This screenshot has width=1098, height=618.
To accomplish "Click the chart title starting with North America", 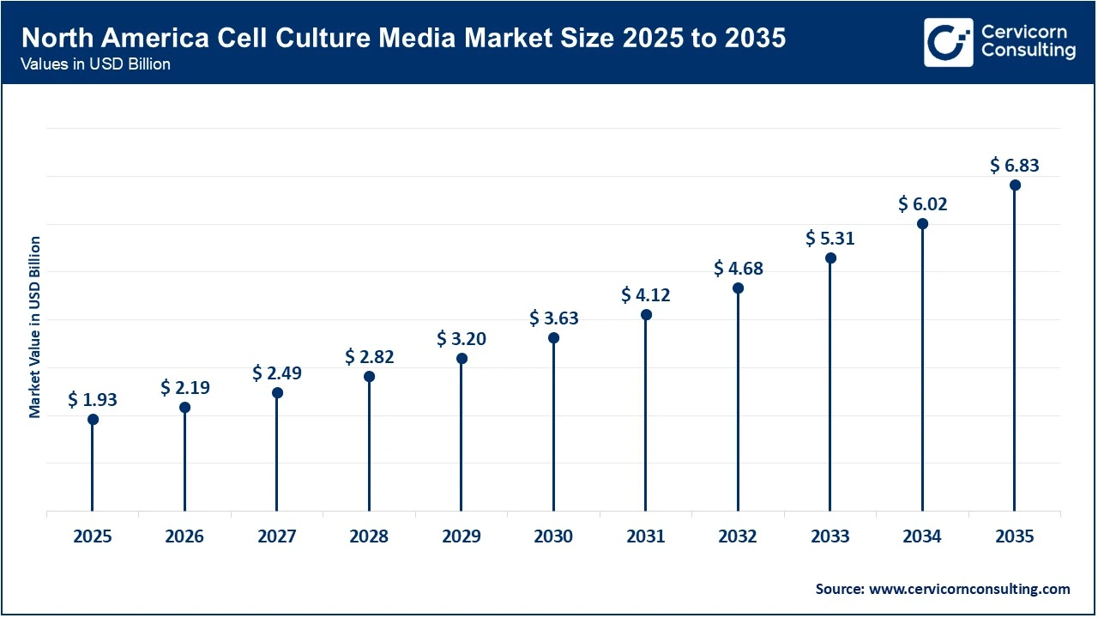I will point(403,39).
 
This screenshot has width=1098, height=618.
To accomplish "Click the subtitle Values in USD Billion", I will point(95,65).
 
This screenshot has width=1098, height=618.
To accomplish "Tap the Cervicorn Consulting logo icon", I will point(948,42).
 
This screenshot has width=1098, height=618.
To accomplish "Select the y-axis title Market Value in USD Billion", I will point(35,327).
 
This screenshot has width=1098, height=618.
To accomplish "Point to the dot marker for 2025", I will point(93,420).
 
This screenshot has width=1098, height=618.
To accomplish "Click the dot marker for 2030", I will point(553,338).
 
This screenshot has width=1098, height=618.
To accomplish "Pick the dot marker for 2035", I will point(1015,185).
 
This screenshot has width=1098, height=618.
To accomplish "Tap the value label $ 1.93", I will point(93,399).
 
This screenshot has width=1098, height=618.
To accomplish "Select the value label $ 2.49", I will point(277,373).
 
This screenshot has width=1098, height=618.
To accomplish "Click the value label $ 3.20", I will point(462,338).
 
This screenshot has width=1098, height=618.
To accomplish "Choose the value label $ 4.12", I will point(646,295).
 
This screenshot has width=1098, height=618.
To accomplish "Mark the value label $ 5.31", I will point(830,239).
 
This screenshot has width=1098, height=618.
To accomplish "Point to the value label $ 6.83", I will point(1015,165).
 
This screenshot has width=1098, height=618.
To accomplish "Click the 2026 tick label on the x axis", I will point(184,537).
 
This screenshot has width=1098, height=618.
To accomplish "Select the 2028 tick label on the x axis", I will point(369,537).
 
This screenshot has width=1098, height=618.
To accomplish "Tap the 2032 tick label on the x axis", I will point(738,537).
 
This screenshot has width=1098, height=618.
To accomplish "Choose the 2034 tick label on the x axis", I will point(922,537).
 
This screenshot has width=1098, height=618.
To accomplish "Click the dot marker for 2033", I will point(830,258).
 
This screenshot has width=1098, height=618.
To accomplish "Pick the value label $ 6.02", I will point(923,204).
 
